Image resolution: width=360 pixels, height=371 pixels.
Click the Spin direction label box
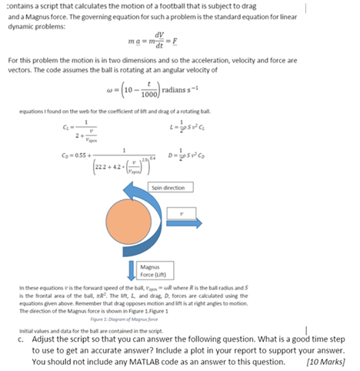pos(172,187)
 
